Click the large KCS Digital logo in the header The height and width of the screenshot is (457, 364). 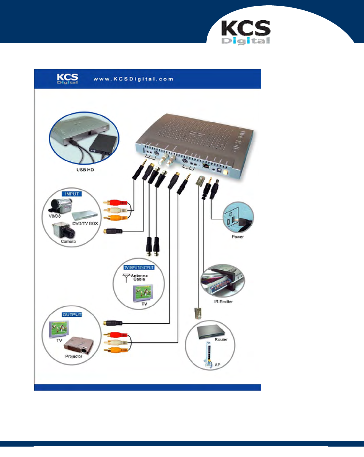[246, 32]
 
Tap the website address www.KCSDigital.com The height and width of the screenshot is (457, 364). [133, 79]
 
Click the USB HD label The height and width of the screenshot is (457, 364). [85, 170]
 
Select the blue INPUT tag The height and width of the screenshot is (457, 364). [72, 194]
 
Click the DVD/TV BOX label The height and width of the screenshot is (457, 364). [85, 223]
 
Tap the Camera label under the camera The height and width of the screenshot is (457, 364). [68, 241]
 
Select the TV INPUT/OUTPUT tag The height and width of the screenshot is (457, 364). [139, 268]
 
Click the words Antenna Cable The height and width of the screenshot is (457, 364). [139, 277]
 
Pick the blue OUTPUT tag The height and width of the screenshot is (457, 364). [72, 315]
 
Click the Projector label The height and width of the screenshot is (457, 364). [74, 356]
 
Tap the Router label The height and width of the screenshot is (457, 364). [221, 339]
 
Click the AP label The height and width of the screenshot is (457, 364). [218, 365]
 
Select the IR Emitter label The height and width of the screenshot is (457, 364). [223, 302]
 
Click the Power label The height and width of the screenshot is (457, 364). [238, 237]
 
